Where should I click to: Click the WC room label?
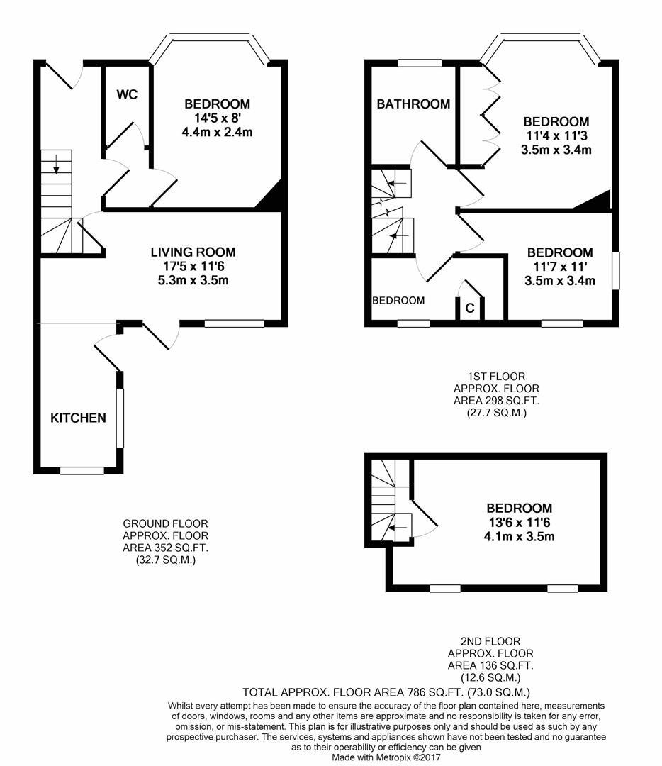coord(128,94)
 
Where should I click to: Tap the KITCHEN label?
coord(78,418)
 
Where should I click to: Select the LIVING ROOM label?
coord(193,252)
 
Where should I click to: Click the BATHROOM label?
coord(413,104)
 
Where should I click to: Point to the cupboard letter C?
coord(469,309)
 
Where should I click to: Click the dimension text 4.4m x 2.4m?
coord(218,132)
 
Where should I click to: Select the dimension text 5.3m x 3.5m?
coord(193,280)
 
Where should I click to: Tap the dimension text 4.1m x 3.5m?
coord(518,536)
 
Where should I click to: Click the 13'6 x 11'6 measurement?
coord(518,522)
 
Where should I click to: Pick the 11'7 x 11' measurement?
coord(560,267)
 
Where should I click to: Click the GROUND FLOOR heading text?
coord(165,524)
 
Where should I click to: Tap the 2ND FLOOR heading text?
coord(490,641)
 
